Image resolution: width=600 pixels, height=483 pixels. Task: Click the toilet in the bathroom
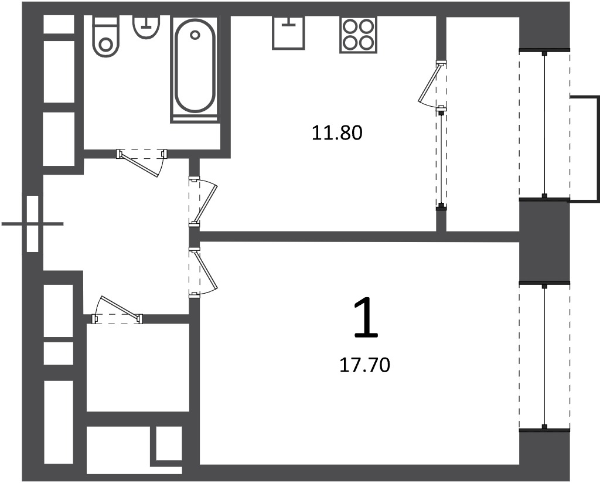105,36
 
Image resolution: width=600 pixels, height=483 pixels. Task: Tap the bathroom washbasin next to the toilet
146,27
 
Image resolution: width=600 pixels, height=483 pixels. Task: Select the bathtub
195,69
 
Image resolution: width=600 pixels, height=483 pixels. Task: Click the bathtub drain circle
195,35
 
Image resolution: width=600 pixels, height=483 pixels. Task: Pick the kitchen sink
288,33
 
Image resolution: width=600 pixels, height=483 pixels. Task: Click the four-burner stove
358,35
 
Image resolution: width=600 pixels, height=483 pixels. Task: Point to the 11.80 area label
337,133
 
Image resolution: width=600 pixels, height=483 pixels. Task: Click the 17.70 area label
364,365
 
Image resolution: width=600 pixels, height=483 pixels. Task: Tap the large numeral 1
366,318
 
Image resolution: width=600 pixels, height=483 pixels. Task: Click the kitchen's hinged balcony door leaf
428,83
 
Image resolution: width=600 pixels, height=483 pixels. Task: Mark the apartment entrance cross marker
33,223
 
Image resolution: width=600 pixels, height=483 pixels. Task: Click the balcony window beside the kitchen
544,124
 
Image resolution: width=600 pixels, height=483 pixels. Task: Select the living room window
544,356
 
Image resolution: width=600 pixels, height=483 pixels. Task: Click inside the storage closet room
138,368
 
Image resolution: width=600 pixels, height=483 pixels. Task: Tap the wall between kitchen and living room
359,237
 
